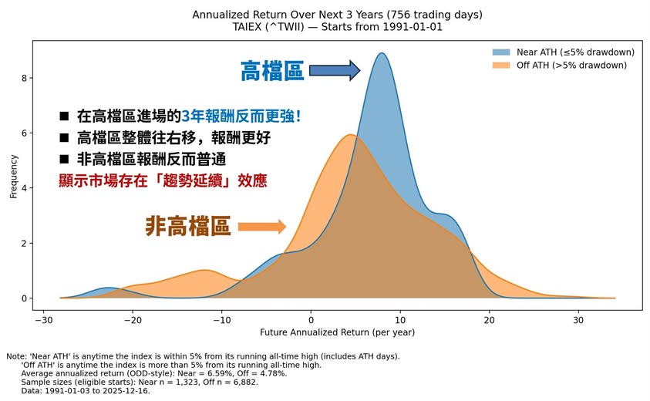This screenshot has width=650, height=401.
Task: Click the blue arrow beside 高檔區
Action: pos(335,71)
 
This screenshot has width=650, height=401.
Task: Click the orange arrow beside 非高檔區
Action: pos(261,227)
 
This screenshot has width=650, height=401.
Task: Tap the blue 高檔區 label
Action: pos(272,72)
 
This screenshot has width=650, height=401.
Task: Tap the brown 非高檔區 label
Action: pos(188,227)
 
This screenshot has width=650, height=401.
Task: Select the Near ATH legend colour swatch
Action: pos(503,52)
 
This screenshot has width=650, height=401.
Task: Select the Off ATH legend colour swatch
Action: pos(503,65)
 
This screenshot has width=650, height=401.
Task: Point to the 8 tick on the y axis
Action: pos(25,78)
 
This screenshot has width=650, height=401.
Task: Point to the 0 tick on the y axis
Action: pos(25,298)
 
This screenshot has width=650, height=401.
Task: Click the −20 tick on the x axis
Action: pos(133,319)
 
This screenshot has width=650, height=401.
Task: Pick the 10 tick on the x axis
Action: pos(399,319)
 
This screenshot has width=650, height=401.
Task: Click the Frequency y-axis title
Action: pos(13,177)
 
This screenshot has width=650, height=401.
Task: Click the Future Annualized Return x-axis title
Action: pos(338,332)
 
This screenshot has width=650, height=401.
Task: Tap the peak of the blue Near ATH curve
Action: pos(381,54)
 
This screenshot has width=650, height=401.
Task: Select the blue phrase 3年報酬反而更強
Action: pos(241,116)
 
